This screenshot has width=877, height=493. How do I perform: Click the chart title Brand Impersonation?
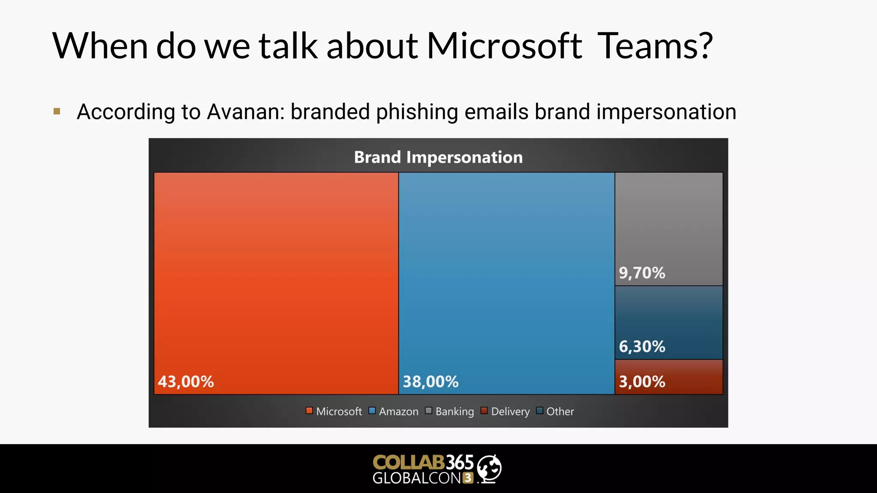point(438,157)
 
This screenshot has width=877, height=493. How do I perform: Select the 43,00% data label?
point(185,381)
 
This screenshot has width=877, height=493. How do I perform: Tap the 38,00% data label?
point(430,381)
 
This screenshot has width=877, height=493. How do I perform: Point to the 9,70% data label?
point(642,273)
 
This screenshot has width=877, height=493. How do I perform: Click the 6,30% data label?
point(642,346)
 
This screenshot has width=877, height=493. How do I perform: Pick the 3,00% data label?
point(642,381)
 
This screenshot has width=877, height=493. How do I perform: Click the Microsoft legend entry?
point(334,411)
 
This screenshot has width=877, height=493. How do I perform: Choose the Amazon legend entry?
point(394,411)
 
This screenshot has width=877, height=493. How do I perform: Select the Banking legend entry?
point(450,411)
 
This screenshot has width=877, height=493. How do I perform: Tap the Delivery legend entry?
point(505,411)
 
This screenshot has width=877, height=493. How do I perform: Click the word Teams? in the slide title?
point(654,46)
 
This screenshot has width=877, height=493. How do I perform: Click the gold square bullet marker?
point(57,112)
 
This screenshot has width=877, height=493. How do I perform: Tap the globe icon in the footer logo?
point(489,469)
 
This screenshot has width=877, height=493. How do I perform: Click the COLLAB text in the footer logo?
point(408,462)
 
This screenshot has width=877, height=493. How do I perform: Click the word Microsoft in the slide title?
point(504,46)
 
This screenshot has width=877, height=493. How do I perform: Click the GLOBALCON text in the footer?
point(416,478)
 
